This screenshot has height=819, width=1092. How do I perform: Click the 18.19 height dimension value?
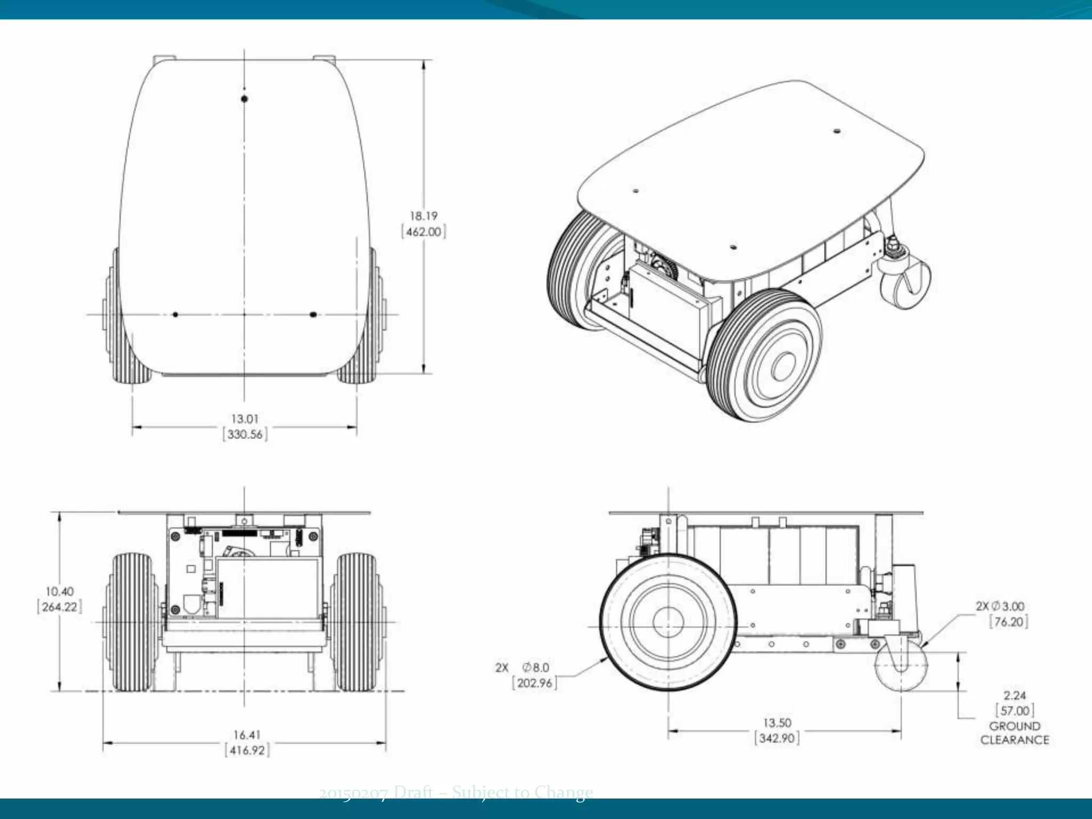[423, 216]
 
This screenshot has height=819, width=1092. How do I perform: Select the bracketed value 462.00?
[423, 232]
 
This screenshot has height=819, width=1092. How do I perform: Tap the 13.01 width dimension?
[245, 419]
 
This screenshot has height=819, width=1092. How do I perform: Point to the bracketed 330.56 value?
[245, 435]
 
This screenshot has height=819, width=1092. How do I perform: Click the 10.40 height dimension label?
[59, 591]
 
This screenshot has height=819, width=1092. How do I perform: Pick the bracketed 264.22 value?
[59, 607]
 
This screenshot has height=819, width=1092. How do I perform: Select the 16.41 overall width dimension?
[246, 735]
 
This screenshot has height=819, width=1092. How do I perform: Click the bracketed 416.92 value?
[247, 750]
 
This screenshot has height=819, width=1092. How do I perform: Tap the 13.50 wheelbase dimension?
[777, 723]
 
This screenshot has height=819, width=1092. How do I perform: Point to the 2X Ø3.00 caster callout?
[1000, 606]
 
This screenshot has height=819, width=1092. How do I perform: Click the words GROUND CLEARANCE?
[1014, 733]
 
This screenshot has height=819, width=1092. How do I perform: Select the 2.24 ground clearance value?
[1014, 695]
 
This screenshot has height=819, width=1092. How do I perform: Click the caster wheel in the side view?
[901, 665]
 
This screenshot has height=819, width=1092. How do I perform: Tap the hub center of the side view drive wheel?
[668, 622]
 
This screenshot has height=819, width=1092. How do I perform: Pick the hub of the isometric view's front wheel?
[782, 367]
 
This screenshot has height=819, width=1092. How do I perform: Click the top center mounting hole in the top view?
[244, 99]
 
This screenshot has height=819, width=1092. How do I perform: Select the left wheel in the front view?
[131, 621]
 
